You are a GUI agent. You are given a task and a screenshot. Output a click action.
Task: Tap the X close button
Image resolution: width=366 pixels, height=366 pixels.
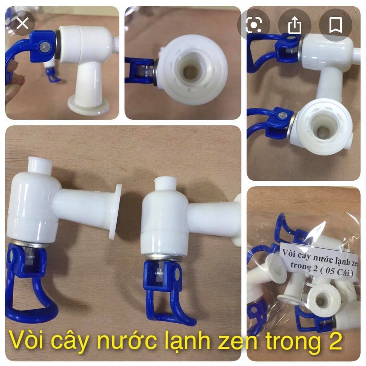tap(23, 24)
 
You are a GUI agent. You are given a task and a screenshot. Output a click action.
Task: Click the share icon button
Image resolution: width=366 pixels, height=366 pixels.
tap(295, 25)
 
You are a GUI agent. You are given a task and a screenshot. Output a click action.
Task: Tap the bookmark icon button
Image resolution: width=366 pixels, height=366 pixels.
tap(335, 25)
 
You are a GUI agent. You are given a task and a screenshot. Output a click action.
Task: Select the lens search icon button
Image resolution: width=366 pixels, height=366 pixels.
tap(254, 25)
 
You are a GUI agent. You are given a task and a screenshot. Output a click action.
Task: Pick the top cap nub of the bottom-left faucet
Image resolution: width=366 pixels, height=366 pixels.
tap(39, 165)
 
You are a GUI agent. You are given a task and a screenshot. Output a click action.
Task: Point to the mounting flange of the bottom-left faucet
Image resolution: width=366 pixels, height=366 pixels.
tap(117, 211)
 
